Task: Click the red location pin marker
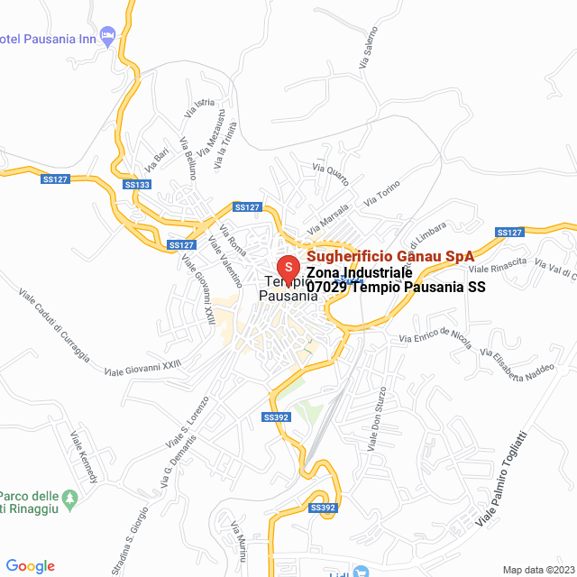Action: point(288,268)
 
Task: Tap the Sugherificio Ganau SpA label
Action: point(390,256)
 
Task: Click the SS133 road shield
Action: point(138,185)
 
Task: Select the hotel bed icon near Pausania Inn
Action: point(108,37)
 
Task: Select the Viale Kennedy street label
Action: point(84,456)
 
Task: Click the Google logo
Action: point(30,566)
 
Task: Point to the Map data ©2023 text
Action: point(537,570)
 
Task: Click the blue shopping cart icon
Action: point(362,571)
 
